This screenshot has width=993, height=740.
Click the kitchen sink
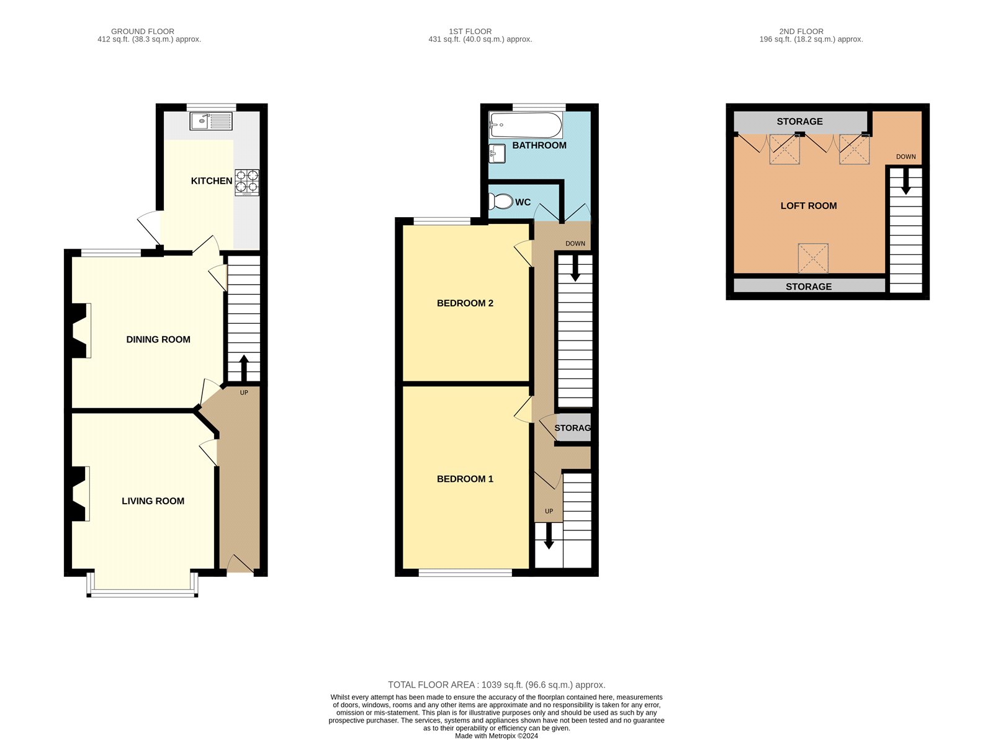[x=211, y=121]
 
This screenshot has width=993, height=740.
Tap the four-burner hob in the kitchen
[x=247, y=182]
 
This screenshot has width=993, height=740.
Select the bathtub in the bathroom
[x=526, y=125]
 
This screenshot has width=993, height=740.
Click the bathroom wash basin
[x=497, y=154]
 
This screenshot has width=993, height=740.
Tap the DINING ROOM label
[x=158, y=339]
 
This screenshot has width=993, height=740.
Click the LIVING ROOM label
[x=153, y=501]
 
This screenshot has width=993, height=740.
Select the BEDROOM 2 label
[x=465, y=303]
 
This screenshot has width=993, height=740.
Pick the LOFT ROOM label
[x=809, y=206]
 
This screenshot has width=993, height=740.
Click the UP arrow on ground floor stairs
[x=244, y=368]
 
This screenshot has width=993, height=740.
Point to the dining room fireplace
[x=81, y=331]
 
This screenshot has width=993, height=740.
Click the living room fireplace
[x=81, y=494]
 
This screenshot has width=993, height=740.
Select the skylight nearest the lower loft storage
[x=814, y=258]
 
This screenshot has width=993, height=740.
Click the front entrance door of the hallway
[x=240, y=564]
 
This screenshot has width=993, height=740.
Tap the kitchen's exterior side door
[x=149, y=228]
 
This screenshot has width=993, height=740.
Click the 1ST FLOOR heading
[x=470, y=31]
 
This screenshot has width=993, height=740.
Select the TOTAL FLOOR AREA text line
[x=496, y=685]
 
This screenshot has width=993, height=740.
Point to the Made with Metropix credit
[x=496, y=736]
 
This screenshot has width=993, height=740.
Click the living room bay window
[x=143, y=586]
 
